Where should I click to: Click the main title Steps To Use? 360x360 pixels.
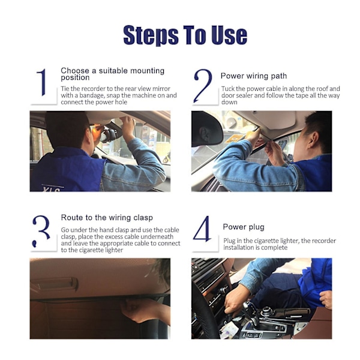pos(185,35)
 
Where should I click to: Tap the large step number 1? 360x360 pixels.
pos(42,82)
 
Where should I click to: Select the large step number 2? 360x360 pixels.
pos(203,86)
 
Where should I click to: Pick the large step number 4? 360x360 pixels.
pos(203,229)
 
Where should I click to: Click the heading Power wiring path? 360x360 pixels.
pos(254,76)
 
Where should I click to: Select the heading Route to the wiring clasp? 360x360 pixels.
pos(107,218)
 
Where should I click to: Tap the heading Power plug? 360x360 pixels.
pos(244,227)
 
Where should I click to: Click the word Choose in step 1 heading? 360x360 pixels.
pos(75,70)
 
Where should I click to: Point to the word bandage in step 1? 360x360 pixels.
pos(92,95)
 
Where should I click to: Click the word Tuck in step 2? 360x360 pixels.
pos(228,89)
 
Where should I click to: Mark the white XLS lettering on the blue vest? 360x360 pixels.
pos(51,189)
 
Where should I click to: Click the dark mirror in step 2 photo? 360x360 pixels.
pos(206,128)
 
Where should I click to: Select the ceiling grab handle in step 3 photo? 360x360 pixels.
pos(54,284)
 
